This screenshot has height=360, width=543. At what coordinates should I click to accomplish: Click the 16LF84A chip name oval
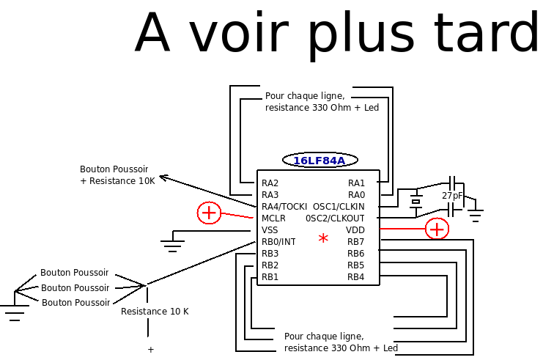[319, 161]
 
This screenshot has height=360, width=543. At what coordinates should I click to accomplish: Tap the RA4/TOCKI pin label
[284, 207]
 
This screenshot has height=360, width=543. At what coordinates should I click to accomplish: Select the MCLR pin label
[273, 218]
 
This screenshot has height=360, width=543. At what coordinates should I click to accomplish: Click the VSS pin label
[270, 230]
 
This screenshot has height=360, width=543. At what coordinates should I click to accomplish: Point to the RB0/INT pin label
[278, 242]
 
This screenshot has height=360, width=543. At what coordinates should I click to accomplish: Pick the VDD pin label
[355, 230]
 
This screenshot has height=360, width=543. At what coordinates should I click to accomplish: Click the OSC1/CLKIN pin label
[339, 207]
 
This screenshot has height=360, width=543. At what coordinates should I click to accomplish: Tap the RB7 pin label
[356, 242]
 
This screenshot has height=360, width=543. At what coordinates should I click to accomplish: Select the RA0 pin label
[356, 195]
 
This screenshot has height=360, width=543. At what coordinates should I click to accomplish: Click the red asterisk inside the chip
[323, 239]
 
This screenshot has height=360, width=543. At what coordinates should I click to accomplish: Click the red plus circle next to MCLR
[209, 213]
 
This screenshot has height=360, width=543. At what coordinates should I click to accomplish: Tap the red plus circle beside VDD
[437, 229]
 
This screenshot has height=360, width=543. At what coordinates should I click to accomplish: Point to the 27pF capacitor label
[452, 196]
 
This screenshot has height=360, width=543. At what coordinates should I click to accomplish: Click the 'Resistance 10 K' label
[155, 312]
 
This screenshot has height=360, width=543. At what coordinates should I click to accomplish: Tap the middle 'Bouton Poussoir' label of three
[75, 288]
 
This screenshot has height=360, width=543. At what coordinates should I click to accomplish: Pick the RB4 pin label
[356, 277]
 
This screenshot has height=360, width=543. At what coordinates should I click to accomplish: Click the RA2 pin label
[270, 183]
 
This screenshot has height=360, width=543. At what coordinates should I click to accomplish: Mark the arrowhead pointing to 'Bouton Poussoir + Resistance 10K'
[163, 177]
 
